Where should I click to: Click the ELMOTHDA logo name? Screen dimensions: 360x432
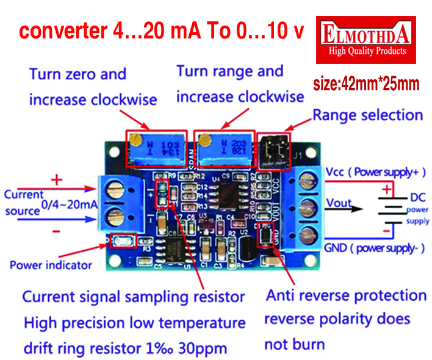(x=366, y=33)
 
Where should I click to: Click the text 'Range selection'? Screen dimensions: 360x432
(x=367, y=115)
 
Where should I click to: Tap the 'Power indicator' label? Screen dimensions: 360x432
(x=51, y=265)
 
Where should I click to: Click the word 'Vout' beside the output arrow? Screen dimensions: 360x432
(x=339, y=203)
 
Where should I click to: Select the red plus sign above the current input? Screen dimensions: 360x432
(x=57, y=179)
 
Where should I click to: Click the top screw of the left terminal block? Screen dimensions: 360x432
(x=114, y=189)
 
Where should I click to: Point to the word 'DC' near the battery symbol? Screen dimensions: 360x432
(x=418, y=198)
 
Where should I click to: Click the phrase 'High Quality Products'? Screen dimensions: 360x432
(x=367, y=51)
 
